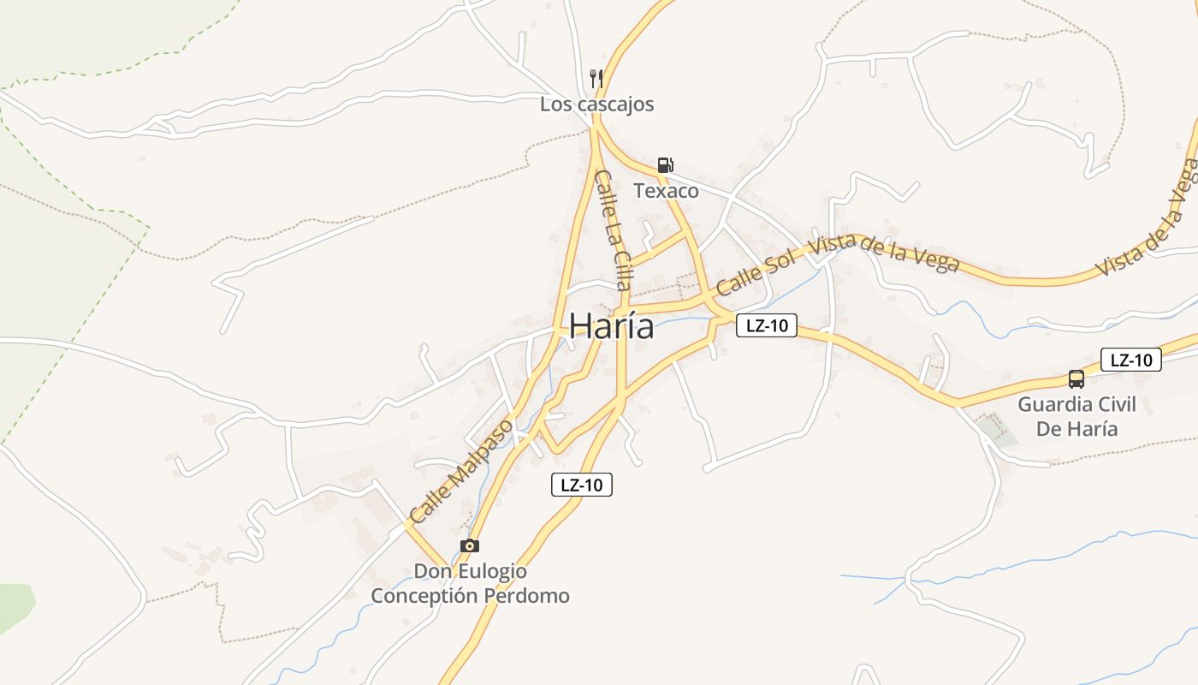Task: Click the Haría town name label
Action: [x=611, y=326]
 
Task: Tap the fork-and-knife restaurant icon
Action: [x=596, y=79]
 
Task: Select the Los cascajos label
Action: [x=596, y=104]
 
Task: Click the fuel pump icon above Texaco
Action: [x=665, y=165]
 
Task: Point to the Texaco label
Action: [x=666, y=191]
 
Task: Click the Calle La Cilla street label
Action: [x=614, y=229]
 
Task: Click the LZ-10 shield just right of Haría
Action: [x=767, y=325]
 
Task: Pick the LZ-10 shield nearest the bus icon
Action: [x=1130, y=360]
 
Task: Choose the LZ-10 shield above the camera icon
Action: [x=581, y=485]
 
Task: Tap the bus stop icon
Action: [x=1076, y=378]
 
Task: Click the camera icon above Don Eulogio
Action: [x=469, y=545]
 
